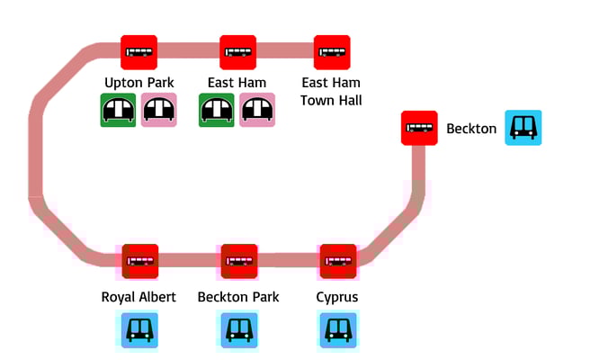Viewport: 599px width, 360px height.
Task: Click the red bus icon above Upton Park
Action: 139,52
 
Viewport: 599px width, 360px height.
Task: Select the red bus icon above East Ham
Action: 238,52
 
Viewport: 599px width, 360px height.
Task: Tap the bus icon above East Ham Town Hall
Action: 332,52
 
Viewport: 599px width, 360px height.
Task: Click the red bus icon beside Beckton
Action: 419,128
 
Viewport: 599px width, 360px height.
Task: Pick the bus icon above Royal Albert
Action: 140,261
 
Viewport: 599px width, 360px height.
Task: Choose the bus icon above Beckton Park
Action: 239,261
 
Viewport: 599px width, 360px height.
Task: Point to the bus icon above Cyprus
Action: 338,261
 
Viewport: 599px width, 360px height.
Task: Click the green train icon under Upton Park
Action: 118,110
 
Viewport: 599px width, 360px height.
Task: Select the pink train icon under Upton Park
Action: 159,110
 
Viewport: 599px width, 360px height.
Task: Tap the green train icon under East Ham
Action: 217,110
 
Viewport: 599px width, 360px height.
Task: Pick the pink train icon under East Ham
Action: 257,110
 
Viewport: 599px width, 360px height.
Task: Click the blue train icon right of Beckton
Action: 523,128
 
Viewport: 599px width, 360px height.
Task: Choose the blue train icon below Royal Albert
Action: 139,329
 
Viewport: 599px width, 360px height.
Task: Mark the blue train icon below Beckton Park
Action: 238,329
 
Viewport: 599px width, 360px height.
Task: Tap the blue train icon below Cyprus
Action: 338,329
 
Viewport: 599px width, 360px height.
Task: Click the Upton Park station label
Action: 139,83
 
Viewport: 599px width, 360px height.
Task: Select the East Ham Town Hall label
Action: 331,91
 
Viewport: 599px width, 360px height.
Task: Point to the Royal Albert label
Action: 139,297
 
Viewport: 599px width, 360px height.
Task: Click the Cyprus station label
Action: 338,297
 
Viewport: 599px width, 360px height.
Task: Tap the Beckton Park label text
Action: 238,297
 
